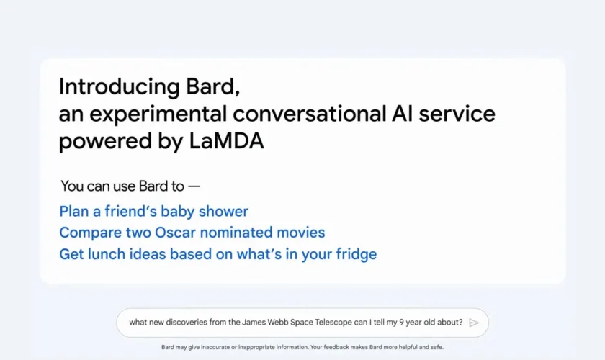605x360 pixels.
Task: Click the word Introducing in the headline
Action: tap(120, 87)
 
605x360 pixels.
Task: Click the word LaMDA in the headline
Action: tap(226, 140)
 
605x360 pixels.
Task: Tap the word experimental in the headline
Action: tap(158, 114)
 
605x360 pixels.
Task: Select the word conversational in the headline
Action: tap(310, 114)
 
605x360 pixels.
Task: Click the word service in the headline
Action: tap(457, 114)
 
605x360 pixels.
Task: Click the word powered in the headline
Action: tap(105, 141)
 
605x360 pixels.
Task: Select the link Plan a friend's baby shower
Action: tap(153, 212)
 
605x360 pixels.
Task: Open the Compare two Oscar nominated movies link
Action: tap(192, 233)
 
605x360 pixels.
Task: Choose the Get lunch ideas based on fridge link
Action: tap(218, 254)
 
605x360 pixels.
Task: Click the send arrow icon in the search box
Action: tap(474, 323)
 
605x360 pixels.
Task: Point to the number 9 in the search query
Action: tap(401, 322)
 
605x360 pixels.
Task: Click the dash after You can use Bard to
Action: tap(194, 186)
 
